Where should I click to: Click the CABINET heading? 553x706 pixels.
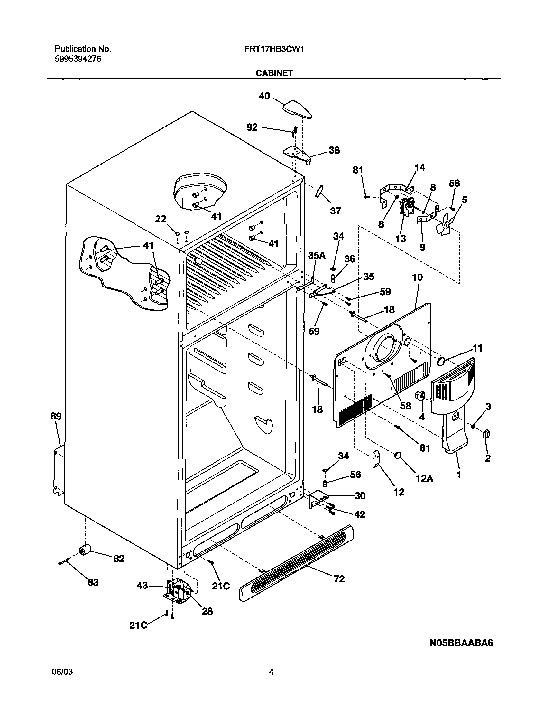[x=274, y=73]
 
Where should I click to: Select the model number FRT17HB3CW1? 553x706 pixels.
[x=274, y=49]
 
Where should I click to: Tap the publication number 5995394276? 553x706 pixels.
[x=78, y=59]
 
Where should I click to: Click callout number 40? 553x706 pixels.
[x=264, y=96]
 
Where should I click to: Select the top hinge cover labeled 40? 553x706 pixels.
[x=297, y=109]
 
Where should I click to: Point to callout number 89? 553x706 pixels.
[x=56, y=416]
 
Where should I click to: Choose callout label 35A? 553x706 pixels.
[x=317, y=256]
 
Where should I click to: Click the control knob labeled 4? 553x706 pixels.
[x=420, y=396]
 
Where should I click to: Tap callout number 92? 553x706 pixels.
[x=252, y=127]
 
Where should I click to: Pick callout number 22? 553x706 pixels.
[x=161, y=219]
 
